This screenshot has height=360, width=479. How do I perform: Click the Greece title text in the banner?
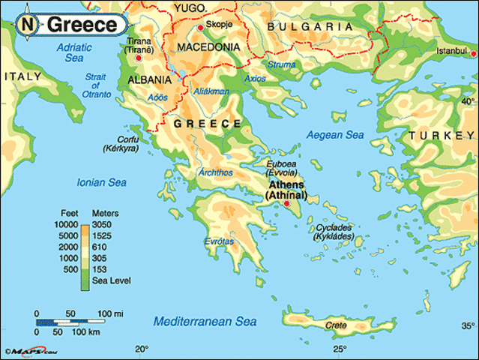point(82,25)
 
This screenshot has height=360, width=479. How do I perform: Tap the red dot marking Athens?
point(286,203)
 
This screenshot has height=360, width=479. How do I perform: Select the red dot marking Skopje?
point(200,28)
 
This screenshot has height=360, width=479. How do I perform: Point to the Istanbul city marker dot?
point(472,54)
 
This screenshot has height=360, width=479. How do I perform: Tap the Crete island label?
point(337,325)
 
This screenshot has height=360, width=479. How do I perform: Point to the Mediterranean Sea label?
point(205,321)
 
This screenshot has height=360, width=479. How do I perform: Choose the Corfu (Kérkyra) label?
point(119,144)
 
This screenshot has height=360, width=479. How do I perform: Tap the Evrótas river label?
point(218,241)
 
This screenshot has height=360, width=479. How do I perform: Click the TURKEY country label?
point(438,135)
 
